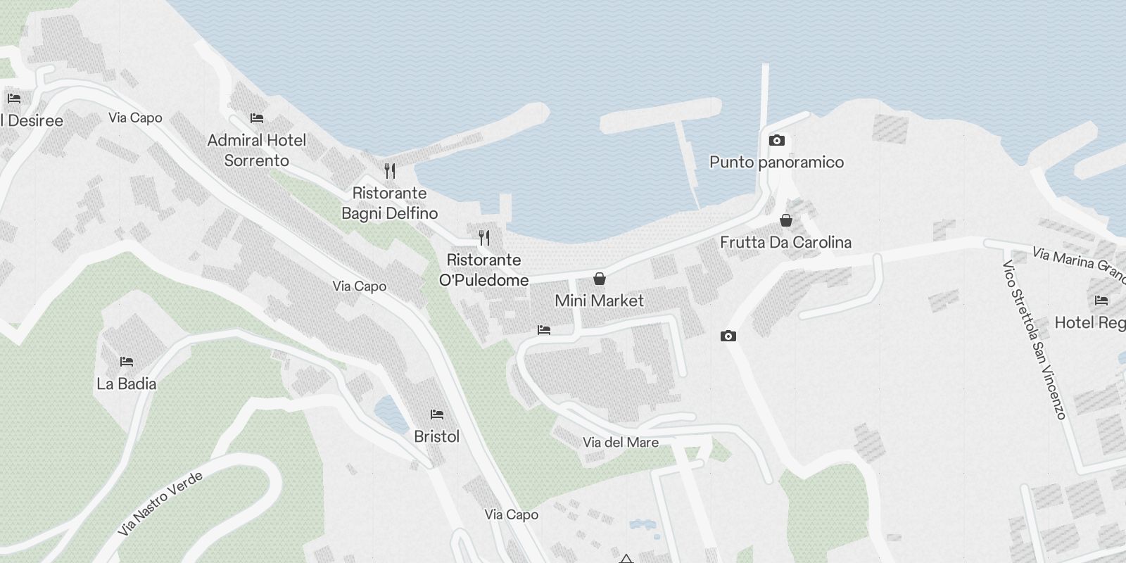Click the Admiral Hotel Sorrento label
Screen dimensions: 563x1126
pyautogui.click(x=257, y=151)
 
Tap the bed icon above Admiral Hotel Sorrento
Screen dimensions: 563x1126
pyautogui.click(x=257, y=118)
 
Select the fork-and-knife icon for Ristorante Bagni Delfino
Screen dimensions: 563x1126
pyautogui.click(x=390, y=170)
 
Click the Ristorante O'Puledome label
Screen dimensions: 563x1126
pyautogui.click(x=484, y=270)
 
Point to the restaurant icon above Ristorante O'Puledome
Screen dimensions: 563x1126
pyautogui.click(x=484, y=238)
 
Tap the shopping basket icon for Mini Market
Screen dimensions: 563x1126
pyautogui.click(x=600, y=279)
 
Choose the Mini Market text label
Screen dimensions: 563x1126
pyautogui.click(x=600, y=301)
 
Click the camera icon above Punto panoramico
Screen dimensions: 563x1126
pyautogui.click(x=777, y=141)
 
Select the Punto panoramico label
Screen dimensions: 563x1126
pyautogui.click(x=777, y=163)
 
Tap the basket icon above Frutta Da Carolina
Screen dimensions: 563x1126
pyautogui.click(x=786, y=221)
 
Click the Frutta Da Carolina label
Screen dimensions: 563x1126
pyautogui.click(x=786, y=243)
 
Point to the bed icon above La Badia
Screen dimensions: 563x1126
pyautogui.click(x=127, y=362)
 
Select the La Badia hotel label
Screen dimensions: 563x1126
pyautogui.click(x=127, y=384)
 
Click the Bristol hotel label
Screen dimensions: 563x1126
pyautogui.click(x=437, y=437)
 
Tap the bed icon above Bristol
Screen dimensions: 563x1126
pyautogui.click(x=437, y=414)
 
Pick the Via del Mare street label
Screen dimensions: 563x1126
pyautogui.click(x=621, y=443)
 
